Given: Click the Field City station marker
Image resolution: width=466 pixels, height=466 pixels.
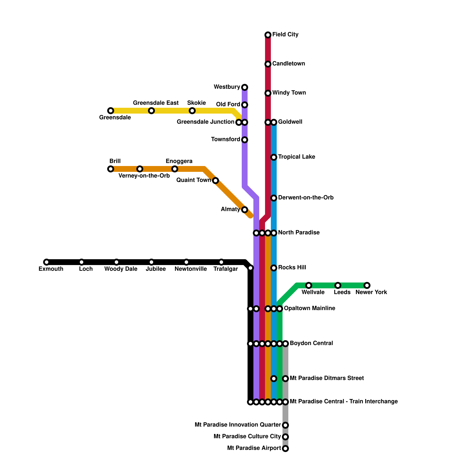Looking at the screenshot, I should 268,35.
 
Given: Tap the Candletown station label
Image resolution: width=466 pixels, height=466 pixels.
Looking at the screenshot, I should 288,64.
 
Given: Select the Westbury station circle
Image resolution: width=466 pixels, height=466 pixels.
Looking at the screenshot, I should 245,87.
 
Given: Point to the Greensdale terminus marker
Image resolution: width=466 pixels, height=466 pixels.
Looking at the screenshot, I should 111,111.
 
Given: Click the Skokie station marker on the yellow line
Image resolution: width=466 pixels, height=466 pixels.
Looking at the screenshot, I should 192,111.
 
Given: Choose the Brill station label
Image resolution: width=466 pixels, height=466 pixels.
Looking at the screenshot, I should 115,161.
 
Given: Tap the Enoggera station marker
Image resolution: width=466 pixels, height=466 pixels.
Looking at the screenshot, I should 175,169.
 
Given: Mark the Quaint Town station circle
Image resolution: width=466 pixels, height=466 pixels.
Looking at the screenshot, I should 216,181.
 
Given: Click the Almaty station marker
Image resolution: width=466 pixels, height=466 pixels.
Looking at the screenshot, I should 245,210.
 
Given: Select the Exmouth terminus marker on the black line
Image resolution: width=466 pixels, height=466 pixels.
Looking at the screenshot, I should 47,262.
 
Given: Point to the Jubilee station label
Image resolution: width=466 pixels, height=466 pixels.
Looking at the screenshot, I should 156,269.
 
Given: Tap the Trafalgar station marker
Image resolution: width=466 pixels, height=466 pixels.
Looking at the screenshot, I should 221,262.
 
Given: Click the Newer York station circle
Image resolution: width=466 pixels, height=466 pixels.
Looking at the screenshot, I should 367,285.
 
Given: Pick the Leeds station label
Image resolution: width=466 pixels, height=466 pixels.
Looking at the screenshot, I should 342,292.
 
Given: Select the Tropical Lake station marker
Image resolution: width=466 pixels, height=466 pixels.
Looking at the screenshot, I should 274,157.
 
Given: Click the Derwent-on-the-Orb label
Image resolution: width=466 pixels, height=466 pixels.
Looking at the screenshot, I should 306,198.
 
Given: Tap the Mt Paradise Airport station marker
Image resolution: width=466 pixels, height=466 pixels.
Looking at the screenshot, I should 285,449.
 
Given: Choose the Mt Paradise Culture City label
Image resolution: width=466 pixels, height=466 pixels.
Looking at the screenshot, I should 247,437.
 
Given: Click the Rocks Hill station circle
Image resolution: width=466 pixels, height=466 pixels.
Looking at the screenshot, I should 274,268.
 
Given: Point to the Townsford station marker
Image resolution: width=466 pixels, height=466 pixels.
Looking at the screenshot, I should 245,140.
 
